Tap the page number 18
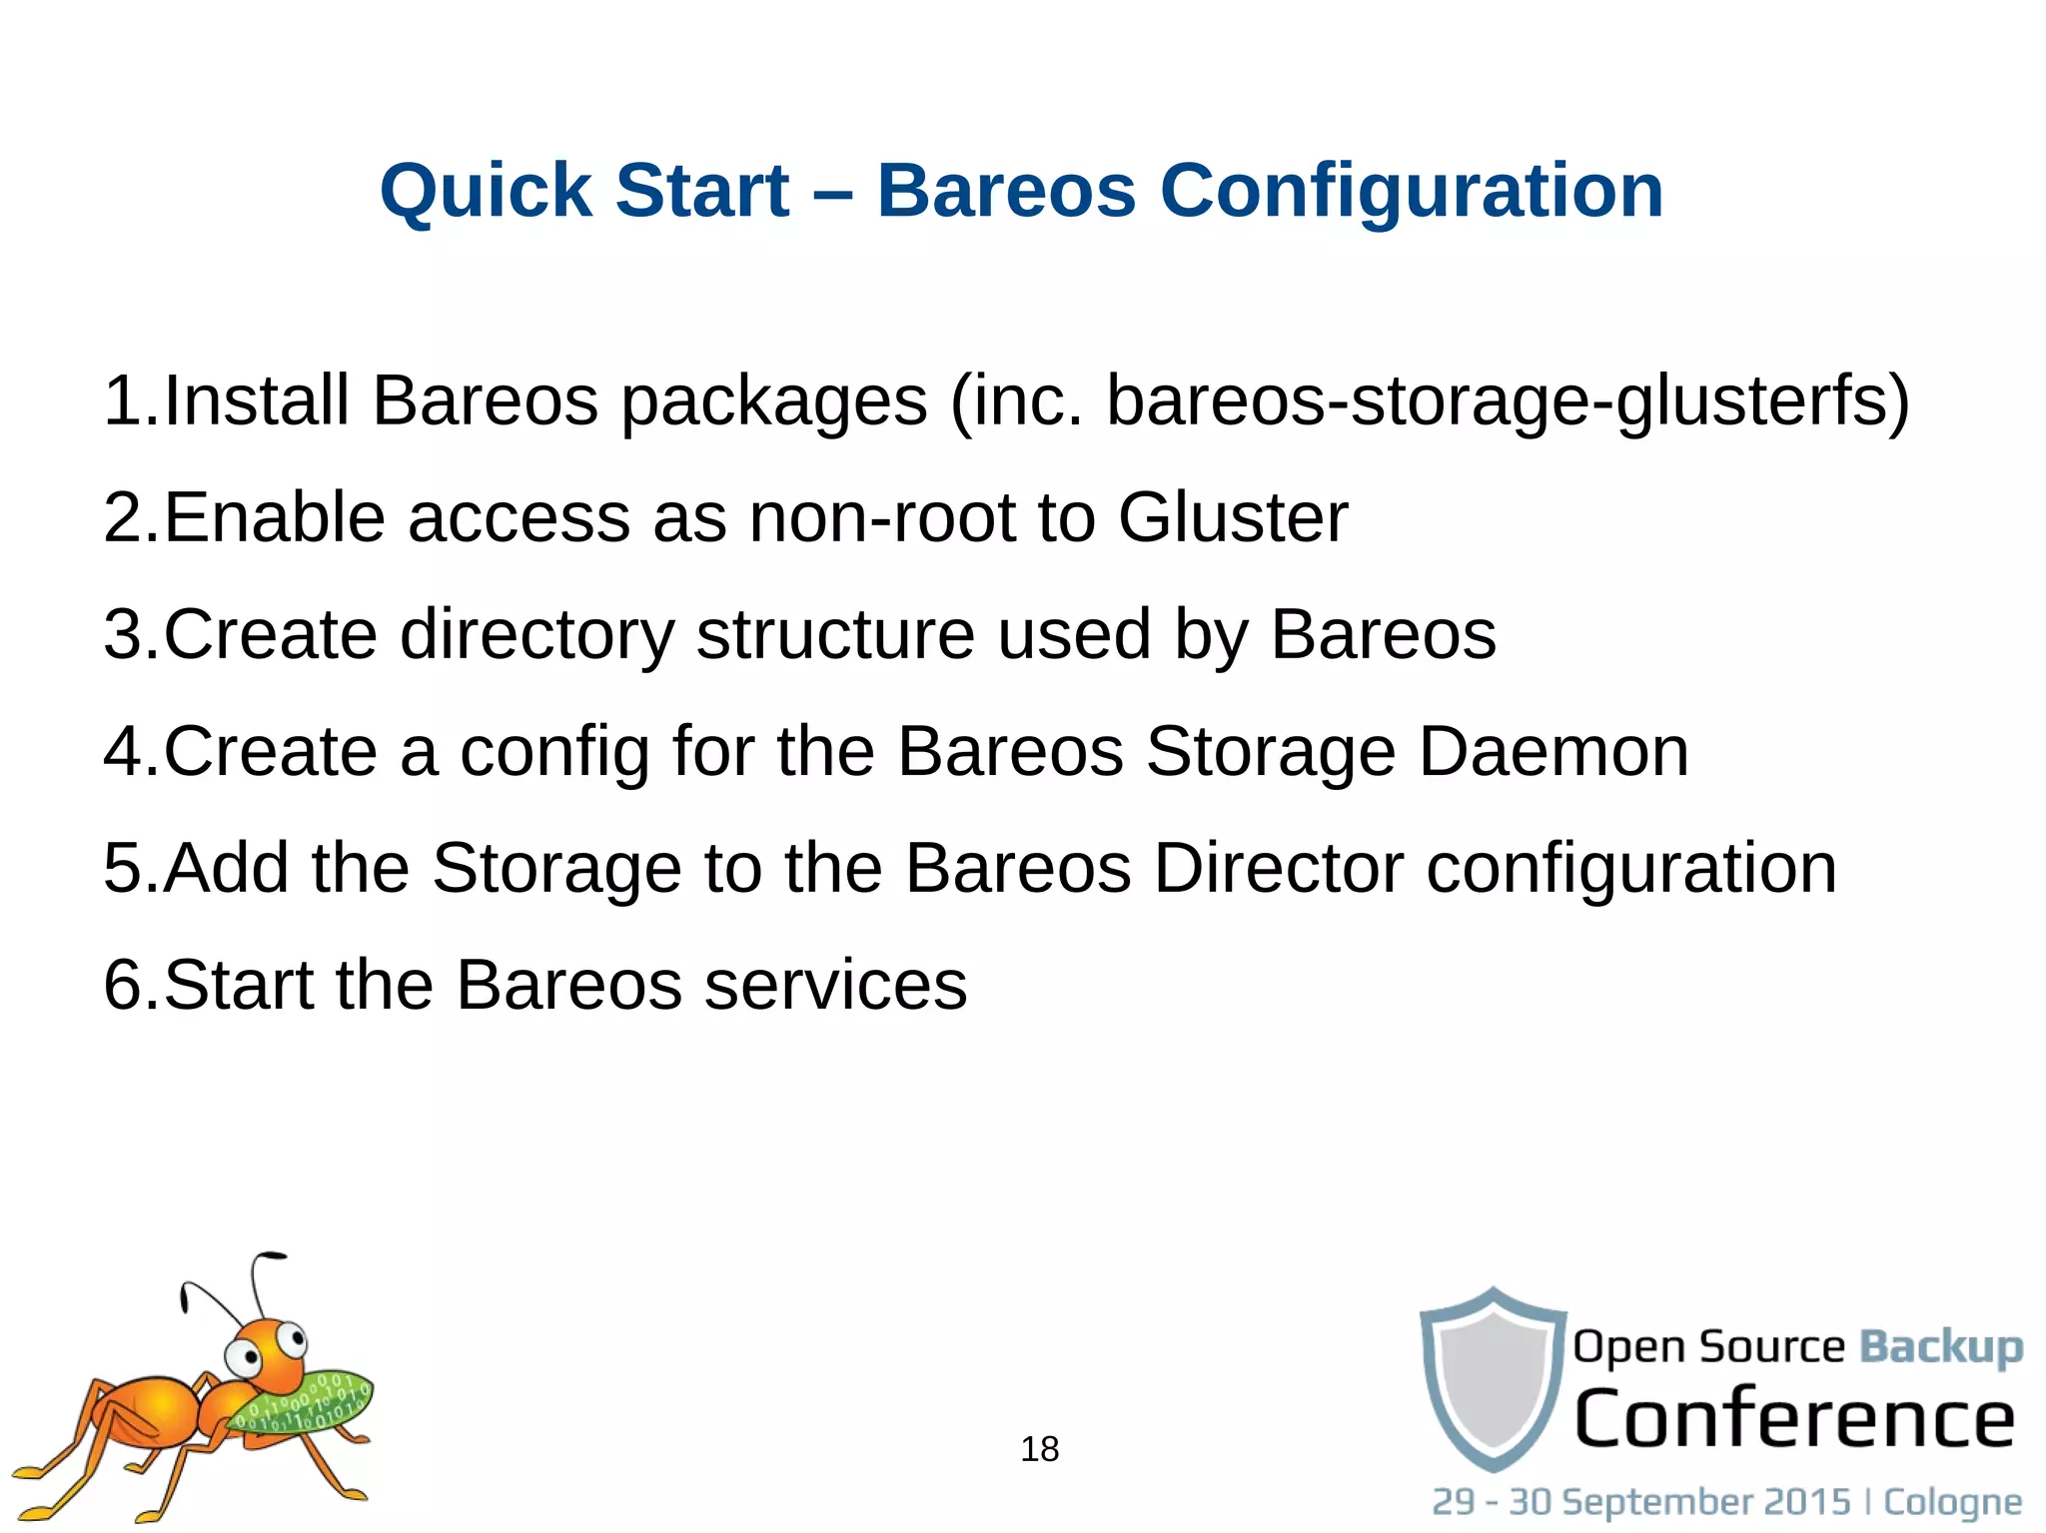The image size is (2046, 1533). [1039, 1448]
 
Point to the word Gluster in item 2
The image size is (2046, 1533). [1232, 517]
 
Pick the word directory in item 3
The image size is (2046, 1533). [536, 635]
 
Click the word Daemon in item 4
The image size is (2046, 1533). [1553, 751]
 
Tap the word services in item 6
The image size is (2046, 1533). [835, 985]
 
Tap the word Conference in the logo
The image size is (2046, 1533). [1794, 1418]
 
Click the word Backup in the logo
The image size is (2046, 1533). [1940, 1346]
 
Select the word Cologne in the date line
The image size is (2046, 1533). [1952, 1501]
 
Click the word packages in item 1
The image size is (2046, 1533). [774, 401]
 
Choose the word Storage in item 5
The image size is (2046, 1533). [556, 867]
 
